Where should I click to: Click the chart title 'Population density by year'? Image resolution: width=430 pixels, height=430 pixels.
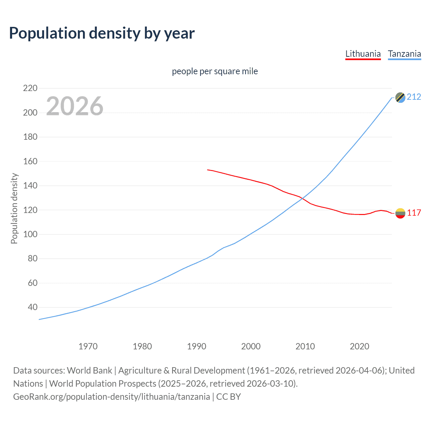pyautogui.click(x=102, y=33)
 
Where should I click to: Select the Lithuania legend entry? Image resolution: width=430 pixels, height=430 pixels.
pyautogui.click(x=363, y=54)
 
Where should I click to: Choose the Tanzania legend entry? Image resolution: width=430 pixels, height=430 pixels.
pyautogui.click(x=404, y=54)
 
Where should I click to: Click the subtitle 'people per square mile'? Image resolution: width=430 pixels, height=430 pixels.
pyautogui.click(x=215, y=72)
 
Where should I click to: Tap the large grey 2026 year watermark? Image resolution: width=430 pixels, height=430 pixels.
pyautogui.click(x=75, y=106)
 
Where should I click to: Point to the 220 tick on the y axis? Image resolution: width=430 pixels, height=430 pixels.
pyautogui.click(x=30, y=88)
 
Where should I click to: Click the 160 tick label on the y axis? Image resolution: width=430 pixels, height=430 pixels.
pyautogui.click(x=30, y=161)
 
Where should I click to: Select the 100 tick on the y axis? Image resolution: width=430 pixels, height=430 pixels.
pyautogui.click(x=30, y=234)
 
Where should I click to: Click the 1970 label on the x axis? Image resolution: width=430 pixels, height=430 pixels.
pyautogui.click(x=88, y=346)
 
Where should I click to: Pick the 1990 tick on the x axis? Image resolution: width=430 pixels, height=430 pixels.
pyautogui.click(x=197, y=346)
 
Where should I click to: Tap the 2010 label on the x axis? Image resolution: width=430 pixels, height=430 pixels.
pyautogui.click(x=305, y=346)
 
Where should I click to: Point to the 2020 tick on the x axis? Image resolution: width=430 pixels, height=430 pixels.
pyautogui.click(x=359, y=346)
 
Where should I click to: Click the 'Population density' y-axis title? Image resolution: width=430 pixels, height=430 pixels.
pyautogui.click(x=14, y=208)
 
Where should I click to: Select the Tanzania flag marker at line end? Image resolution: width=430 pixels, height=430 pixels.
pyautogui.click(x=400, y=97)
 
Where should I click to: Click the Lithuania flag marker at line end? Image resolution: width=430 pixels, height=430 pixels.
pyautogui.click(x=400, y=213)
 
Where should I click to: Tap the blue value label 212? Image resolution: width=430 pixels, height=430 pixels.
pyautogui.click(x=414, y=97)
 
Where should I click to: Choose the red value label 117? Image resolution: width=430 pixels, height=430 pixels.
pyautogui.click(x=414, y=213)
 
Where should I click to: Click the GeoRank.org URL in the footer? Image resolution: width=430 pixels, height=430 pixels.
pyautogui.click(x=112, y=397)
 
